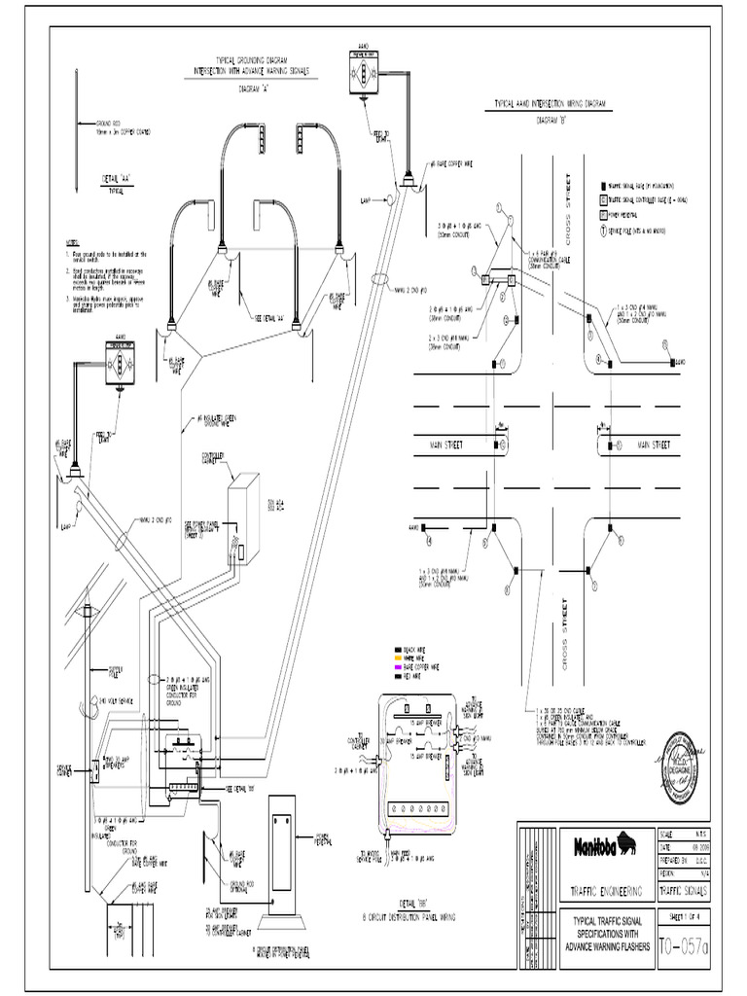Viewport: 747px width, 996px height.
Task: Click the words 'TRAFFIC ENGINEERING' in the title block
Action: tap(606, 890)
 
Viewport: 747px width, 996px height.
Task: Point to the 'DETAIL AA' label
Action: tap(116, 179)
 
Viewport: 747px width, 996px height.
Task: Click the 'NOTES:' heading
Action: tap(72, 241)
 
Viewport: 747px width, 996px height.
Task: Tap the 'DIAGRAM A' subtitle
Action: tap(255, 88)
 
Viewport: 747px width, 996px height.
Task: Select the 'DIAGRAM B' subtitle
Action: tap(551, 123)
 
